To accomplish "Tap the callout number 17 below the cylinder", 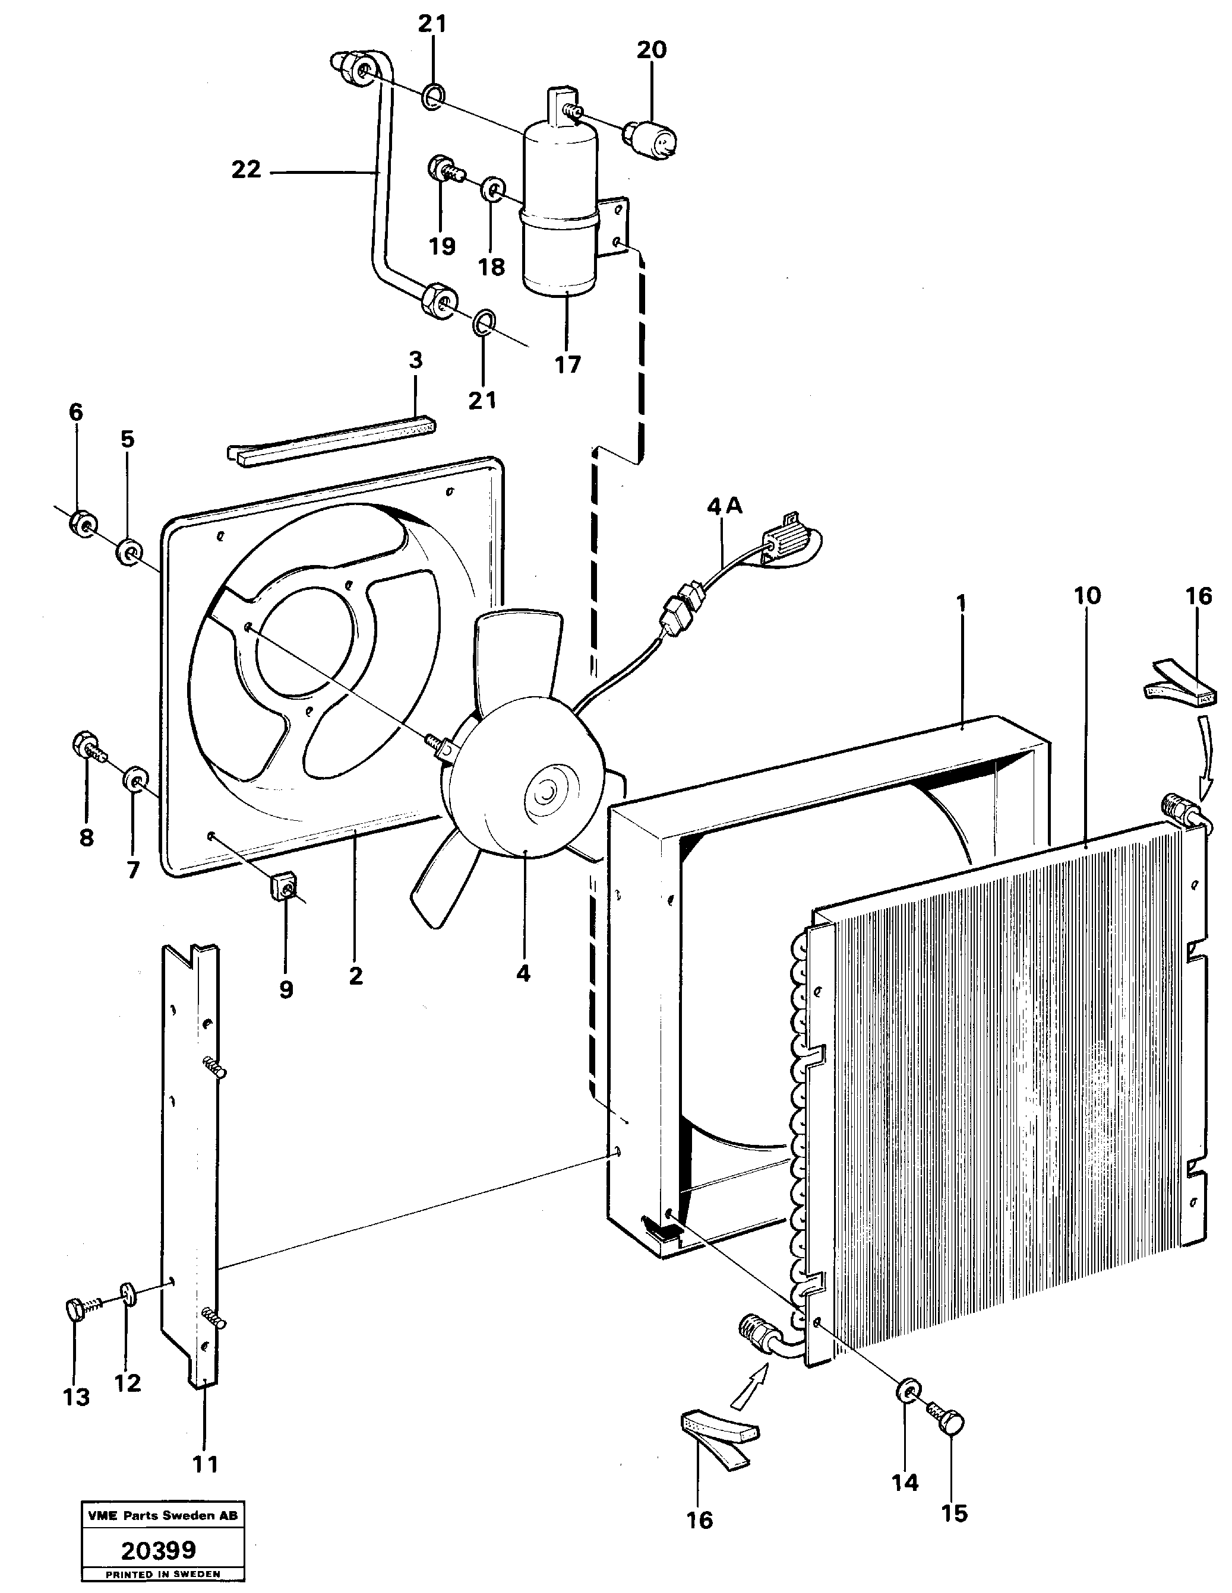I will click(567, 364).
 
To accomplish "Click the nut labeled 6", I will click(83, 523).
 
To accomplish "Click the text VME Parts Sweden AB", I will click(162, 1514).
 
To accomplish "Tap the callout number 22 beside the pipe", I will click(246, 170).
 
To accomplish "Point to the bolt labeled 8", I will click(86, 745).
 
